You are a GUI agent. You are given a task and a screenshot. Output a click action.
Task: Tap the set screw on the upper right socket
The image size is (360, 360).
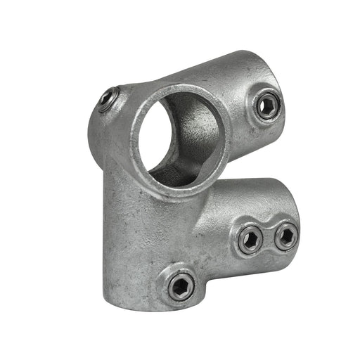pyautogui.click(x=267, y=106)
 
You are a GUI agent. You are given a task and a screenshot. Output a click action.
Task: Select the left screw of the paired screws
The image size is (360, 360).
pyautogui.click(x=250, y=240)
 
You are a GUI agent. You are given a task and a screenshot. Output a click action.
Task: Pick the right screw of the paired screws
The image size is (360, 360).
pyautogui.click(x=285, y=236)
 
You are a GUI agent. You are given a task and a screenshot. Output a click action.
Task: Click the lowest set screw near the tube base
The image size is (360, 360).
pyautogui.click(x=181, y=285)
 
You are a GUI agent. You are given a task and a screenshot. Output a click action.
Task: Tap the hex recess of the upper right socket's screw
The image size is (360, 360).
pyautogui.click(x=267, y=106)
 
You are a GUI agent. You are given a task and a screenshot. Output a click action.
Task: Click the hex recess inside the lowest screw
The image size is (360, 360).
pyautogui.click(x=181, y=285)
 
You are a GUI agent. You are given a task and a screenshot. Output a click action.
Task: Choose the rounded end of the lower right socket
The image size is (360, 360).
pyautogui.click(x=292, y=211)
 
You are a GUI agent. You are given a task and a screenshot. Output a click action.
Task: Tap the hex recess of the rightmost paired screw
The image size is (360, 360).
pyautogui.click(x=285, y=236)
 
